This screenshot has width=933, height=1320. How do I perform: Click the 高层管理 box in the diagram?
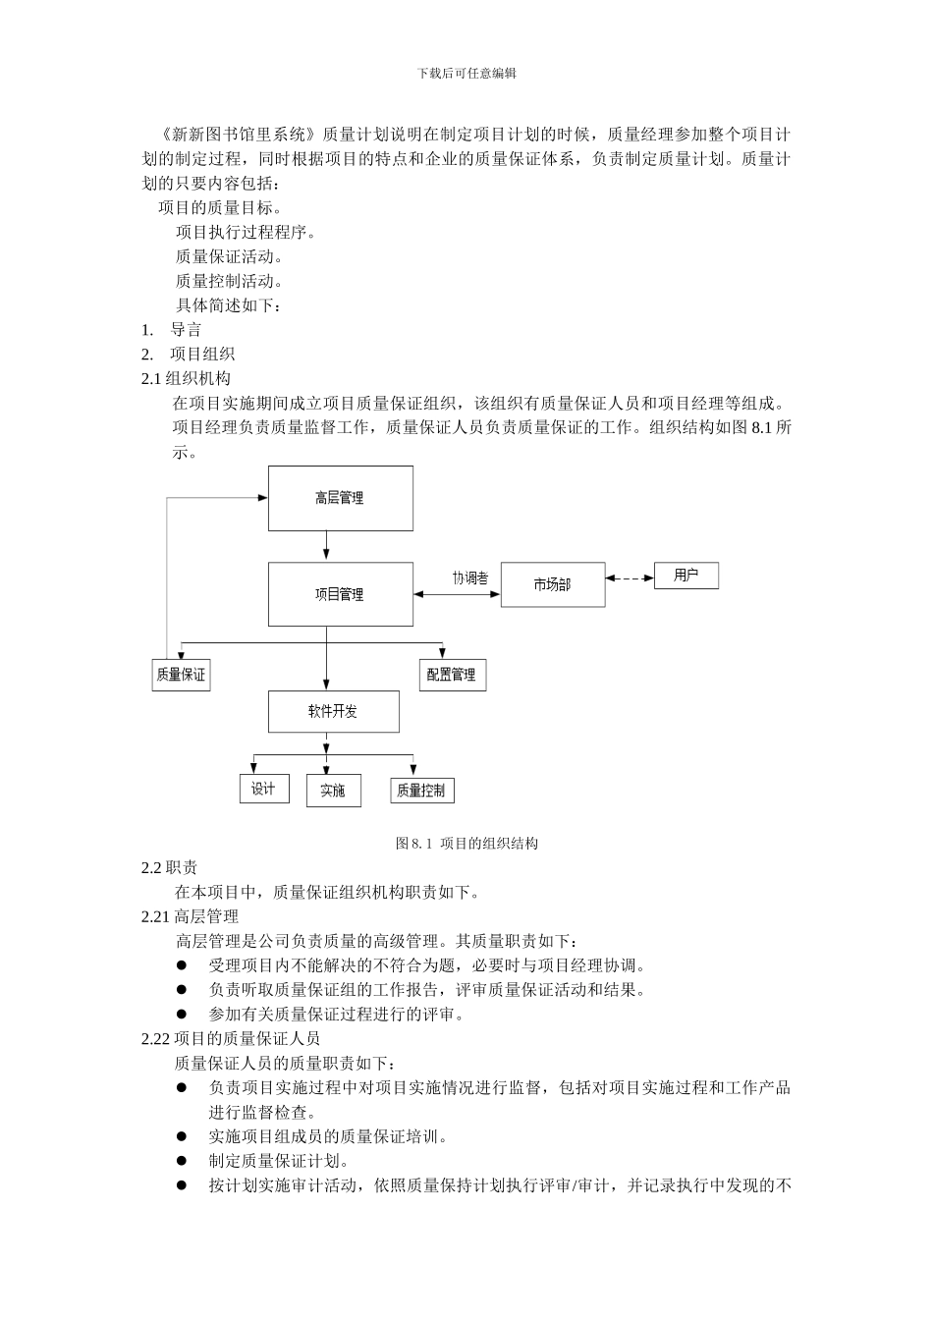[340, 498]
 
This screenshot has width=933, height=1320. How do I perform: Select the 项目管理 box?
[340, 594]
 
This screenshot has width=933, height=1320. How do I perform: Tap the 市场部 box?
[552, 584]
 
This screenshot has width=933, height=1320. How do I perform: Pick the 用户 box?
[686, 576]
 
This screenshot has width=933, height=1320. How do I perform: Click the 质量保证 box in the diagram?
[181, 675]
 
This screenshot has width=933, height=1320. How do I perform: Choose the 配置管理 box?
[452, 675]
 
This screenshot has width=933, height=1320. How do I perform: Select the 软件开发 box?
[333, 711]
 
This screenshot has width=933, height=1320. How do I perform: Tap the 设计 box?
[263, 789]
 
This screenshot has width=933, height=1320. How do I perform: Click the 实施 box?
[333, 791]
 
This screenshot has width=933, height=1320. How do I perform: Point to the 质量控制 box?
[421, 791]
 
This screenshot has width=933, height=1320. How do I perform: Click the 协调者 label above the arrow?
[469, 578]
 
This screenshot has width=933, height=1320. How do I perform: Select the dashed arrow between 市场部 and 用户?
[630, 577]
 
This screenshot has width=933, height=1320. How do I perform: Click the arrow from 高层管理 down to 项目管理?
[326, 546]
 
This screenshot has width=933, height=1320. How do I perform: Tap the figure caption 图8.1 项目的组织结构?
[466, 843]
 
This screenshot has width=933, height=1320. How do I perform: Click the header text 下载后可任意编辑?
[466, 73]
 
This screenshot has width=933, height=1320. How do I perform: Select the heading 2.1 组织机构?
[187, 378]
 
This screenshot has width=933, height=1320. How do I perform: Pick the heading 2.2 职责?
[170, 867]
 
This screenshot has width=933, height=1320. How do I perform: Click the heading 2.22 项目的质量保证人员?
[231, 1038]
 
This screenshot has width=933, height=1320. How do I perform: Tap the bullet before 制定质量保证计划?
[182, 1160]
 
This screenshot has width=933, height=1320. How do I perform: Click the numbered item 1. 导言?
[172, 329]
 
